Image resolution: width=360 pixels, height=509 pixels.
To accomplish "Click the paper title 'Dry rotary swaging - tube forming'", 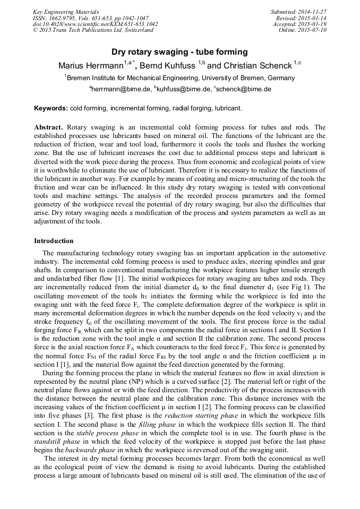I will click(179, 52).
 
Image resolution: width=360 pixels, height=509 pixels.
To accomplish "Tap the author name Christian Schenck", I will click(257, 66).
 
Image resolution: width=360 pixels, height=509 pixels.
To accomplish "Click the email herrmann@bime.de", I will click(120, 90).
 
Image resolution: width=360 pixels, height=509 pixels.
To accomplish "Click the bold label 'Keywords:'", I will click(51, 108).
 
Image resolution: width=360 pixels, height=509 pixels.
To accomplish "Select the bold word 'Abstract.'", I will click(49, 128).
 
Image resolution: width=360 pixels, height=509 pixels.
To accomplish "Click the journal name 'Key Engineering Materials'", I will click(66, 12).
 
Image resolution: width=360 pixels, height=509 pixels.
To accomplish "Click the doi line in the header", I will click(95, 24).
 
